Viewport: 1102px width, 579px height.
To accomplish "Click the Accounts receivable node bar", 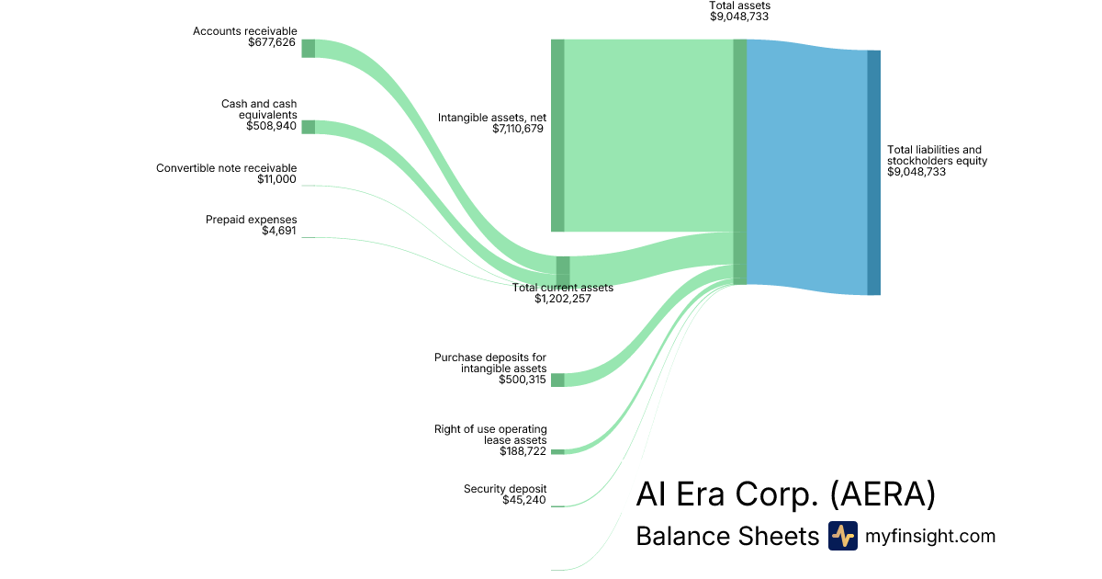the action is point(309,49).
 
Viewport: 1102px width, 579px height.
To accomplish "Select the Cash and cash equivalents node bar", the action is point(309,127).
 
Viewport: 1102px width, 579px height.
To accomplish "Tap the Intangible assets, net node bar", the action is point(557,135).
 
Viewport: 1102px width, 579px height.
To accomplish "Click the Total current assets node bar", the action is point(563,271).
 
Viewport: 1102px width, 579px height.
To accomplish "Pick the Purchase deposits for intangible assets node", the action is point(557,380).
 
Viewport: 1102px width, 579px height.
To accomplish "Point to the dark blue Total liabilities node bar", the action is point(873,173).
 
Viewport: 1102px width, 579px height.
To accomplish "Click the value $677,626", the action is point(272,42).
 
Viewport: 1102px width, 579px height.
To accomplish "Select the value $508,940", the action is point(272,126).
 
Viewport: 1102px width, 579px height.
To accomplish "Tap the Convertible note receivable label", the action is point(226,168).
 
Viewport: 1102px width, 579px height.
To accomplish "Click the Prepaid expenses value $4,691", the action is point(279,231).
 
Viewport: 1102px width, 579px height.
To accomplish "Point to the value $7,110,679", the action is point(518,129).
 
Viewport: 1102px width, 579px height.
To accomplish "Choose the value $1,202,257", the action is point(562,299).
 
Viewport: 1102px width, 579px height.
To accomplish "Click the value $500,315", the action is point(523,380).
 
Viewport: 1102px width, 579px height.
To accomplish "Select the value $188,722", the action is point(523,451).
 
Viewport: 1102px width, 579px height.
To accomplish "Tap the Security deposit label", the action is point(505,489).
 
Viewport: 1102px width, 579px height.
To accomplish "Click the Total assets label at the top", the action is point(739,6).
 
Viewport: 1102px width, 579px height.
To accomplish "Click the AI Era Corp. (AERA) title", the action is point(785,494).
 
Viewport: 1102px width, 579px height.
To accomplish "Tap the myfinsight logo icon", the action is point(842,536).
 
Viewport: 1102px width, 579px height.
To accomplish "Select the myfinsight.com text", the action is point(930,536).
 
